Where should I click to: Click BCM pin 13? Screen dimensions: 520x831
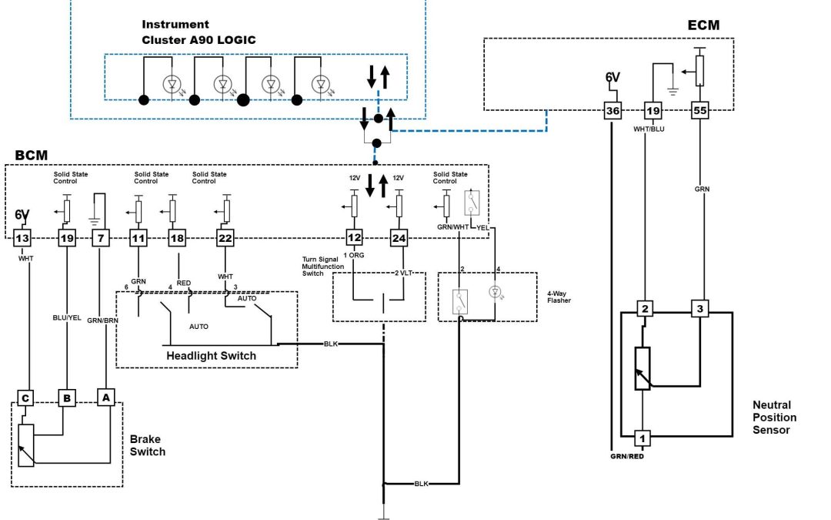pyautogui.click(x=23, y=239)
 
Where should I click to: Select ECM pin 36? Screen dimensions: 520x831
pyautogui.click(x=612, y=112)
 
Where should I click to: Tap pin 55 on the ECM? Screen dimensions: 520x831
pyautogui.click(x=699, y=112)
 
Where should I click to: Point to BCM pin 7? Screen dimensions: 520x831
pyautogui.click(x=101, y=239)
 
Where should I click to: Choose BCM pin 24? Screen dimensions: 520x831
pyautogui.click(x=399, y=239)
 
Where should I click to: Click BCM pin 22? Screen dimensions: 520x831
pyautogui.click(x=225, y=239)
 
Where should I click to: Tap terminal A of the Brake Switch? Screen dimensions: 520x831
pyautogui.click(x=105, y=398)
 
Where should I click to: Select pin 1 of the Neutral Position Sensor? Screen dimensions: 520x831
pyautogui.click(x=642, y=439)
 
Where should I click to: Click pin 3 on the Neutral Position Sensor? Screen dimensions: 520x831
pyautogui.click(x=699, y=310)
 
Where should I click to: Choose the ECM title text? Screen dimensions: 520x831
pyautogui.click(x=703, y=25)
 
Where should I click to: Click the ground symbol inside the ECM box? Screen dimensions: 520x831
pyautogui.click(x=672, y=90)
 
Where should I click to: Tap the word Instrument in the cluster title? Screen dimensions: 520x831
pyautogui.click(x=175, y=25)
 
